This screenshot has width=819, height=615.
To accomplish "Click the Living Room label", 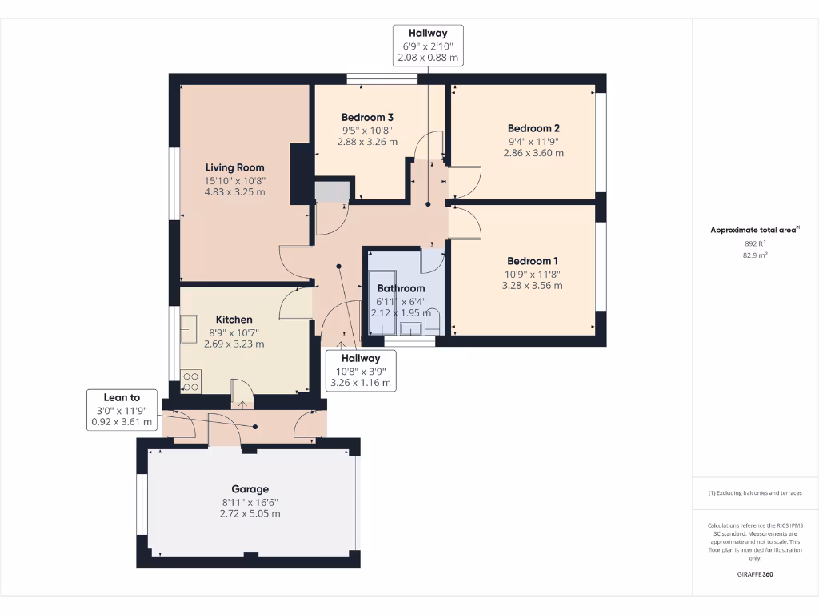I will coord(234,167).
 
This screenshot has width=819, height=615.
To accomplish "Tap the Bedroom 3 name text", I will coord(367,117).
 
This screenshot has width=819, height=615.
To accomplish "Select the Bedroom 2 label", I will coord(533,128).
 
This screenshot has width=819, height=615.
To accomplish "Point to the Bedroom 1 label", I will coord(533,261).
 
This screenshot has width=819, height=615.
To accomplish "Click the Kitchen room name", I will coord(234,320).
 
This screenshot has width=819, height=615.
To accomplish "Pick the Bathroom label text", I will coord(401,288).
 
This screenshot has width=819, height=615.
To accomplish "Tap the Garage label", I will coord(250,489).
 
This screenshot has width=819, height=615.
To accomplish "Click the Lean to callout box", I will coord(122,410).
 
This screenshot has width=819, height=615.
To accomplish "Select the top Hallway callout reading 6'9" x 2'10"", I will coord(428,46).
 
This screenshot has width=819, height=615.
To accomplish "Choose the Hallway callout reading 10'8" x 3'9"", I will coord(361,371).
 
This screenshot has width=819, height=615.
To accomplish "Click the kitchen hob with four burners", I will coord(190,381).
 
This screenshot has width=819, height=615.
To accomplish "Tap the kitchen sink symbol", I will coord(190,328).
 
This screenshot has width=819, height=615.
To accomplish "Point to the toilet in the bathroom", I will coord(433,324).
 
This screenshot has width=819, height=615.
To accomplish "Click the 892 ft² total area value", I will coord(755,243).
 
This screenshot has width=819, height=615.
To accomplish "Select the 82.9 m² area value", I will coord(755,255).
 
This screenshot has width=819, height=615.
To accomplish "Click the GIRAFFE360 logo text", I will coord(755,574).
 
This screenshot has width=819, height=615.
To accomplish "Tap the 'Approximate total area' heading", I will coord(754,230).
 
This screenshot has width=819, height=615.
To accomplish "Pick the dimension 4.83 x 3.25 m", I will coord(234,192).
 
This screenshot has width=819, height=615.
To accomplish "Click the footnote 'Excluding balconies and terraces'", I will coord(755,493).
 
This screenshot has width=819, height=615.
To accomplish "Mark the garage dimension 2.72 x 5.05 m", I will coord(250,513).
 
